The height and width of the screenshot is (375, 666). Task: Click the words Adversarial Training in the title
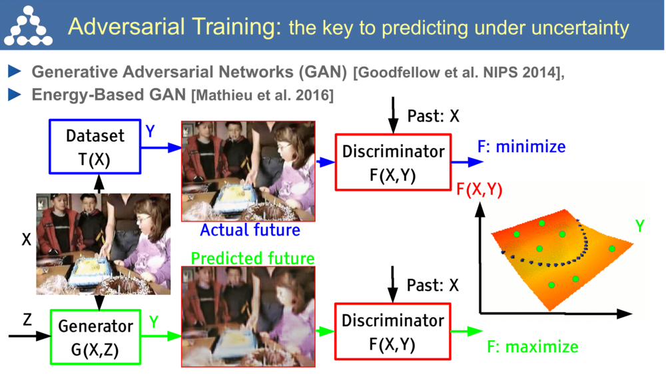click(x=173, y=26)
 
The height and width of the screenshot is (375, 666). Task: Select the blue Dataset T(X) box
click(x=95, y=146)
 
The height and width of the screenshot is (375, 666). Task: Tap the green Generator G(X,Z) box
click(x=95, y=337)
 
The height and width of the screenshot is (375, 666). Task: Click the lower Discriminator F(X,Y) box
click(x=393, y=330)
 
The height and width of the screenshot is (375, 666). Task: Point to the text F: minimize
click(x=521, y=146)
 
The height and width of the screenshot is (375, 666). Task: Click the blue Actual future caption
click(x=250, y=230)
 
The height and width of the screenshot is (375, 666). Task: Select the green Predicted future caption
click(x=252, y=258)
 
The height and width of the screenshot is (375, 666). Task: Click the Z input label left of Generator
click(x=27, y=320)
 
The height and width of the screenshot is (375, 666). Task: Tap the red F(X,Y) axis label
click(x=479, y=190)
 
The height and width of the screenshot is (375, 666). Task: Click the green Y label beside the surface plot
click(x=639, y=226)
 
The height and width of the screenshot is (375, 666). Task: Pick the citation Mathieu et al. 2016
click(x=262, y=95)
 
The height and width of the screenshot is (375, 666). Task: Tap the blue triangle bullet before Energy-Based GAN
click(x=15, y=95)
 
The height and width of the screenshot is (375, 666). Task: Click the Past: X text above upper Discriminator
click(x=433, y=115)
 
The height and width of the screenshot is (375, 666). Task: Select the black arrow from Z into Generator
click(x=30, y=336)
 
